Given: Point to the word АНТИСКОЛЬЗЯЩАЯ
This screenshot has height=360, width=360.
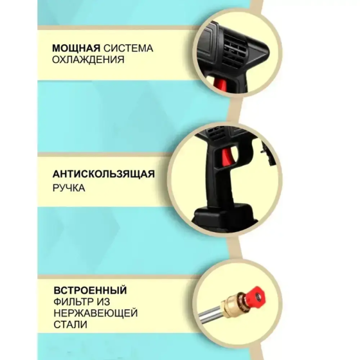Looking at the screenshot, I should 104,174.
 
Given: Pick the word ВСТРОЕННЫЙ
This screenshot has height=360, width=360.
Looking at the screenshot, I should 90,290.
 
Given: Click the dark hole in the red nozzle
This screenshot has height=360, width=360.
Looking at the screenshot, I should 258,296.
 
